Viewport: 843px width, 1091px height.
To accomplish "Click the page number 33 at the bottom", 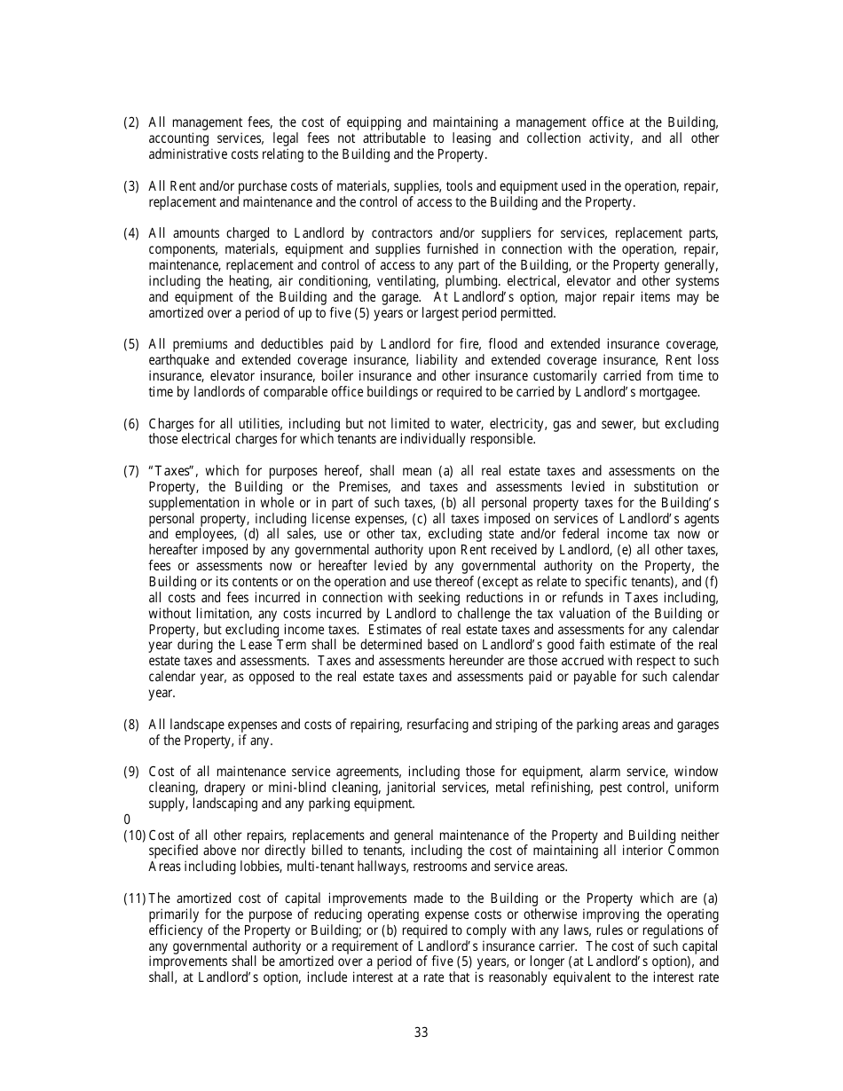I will click(421, 1032).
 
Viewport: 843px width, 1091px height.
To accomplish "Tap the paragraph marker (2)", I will click(130, 122).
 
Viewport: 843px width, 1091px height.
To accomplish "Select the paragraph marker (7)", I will click(130, 470).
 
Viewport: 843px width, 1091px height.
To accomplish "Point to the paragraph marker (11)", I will click(135, 898).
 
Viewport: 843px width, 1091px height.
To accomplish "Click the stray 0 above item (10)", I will click(126, 820).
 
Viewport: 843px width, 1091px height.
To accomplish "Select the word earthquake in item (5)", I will click(179, 360).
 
